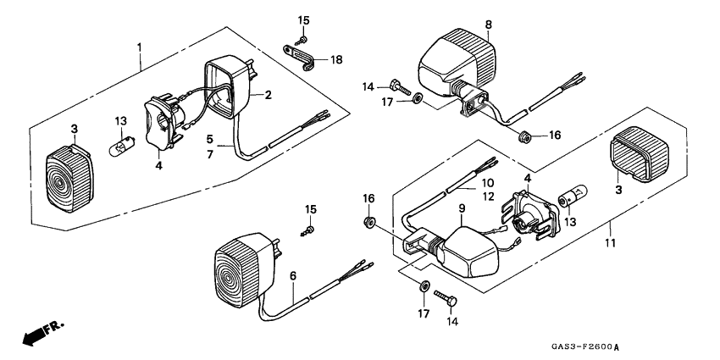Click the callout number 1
pyautogui.click(x=139, y=47)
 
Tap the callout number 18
pyautogui.click(x=336, y=59)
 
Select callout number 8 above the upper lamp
pyautogui.click(x=488, y=25)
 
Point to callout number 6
pyautogui.click(x=293, y=275)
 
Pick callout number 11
pyautogui.click(x=609, y=243)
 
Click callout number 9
pyautogui.click(x=462, y=208)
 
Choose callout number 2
pyautogui.click(x=269, y=95)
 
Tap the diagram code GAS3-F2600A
pyautogui.click(x=589, y=347)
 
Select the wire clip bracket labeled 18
pyautogui.click(x=298, y=58)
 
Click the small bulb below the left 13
pyautogui.click(x=118, y=148)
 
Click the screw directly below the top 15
pyautogui.click(x=302, y=41)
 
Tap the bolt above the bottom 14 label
pyautogui.click(x=446, y=297)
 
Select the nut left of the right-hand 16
pyautogui.click(x=522, y=136)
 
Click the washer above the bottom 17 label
pyautogui.click(x=424, y=285)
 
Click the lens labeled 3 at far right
pyautogui.click(x=640, y=153)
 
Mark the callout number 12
pyautogui.click(x=488, y=197)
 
